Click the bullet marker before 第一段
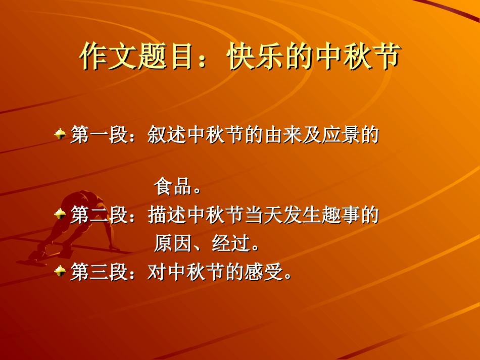pos(60,134)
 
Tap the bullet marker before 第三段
pos(60,272)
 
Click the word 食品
pos(172,187)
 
